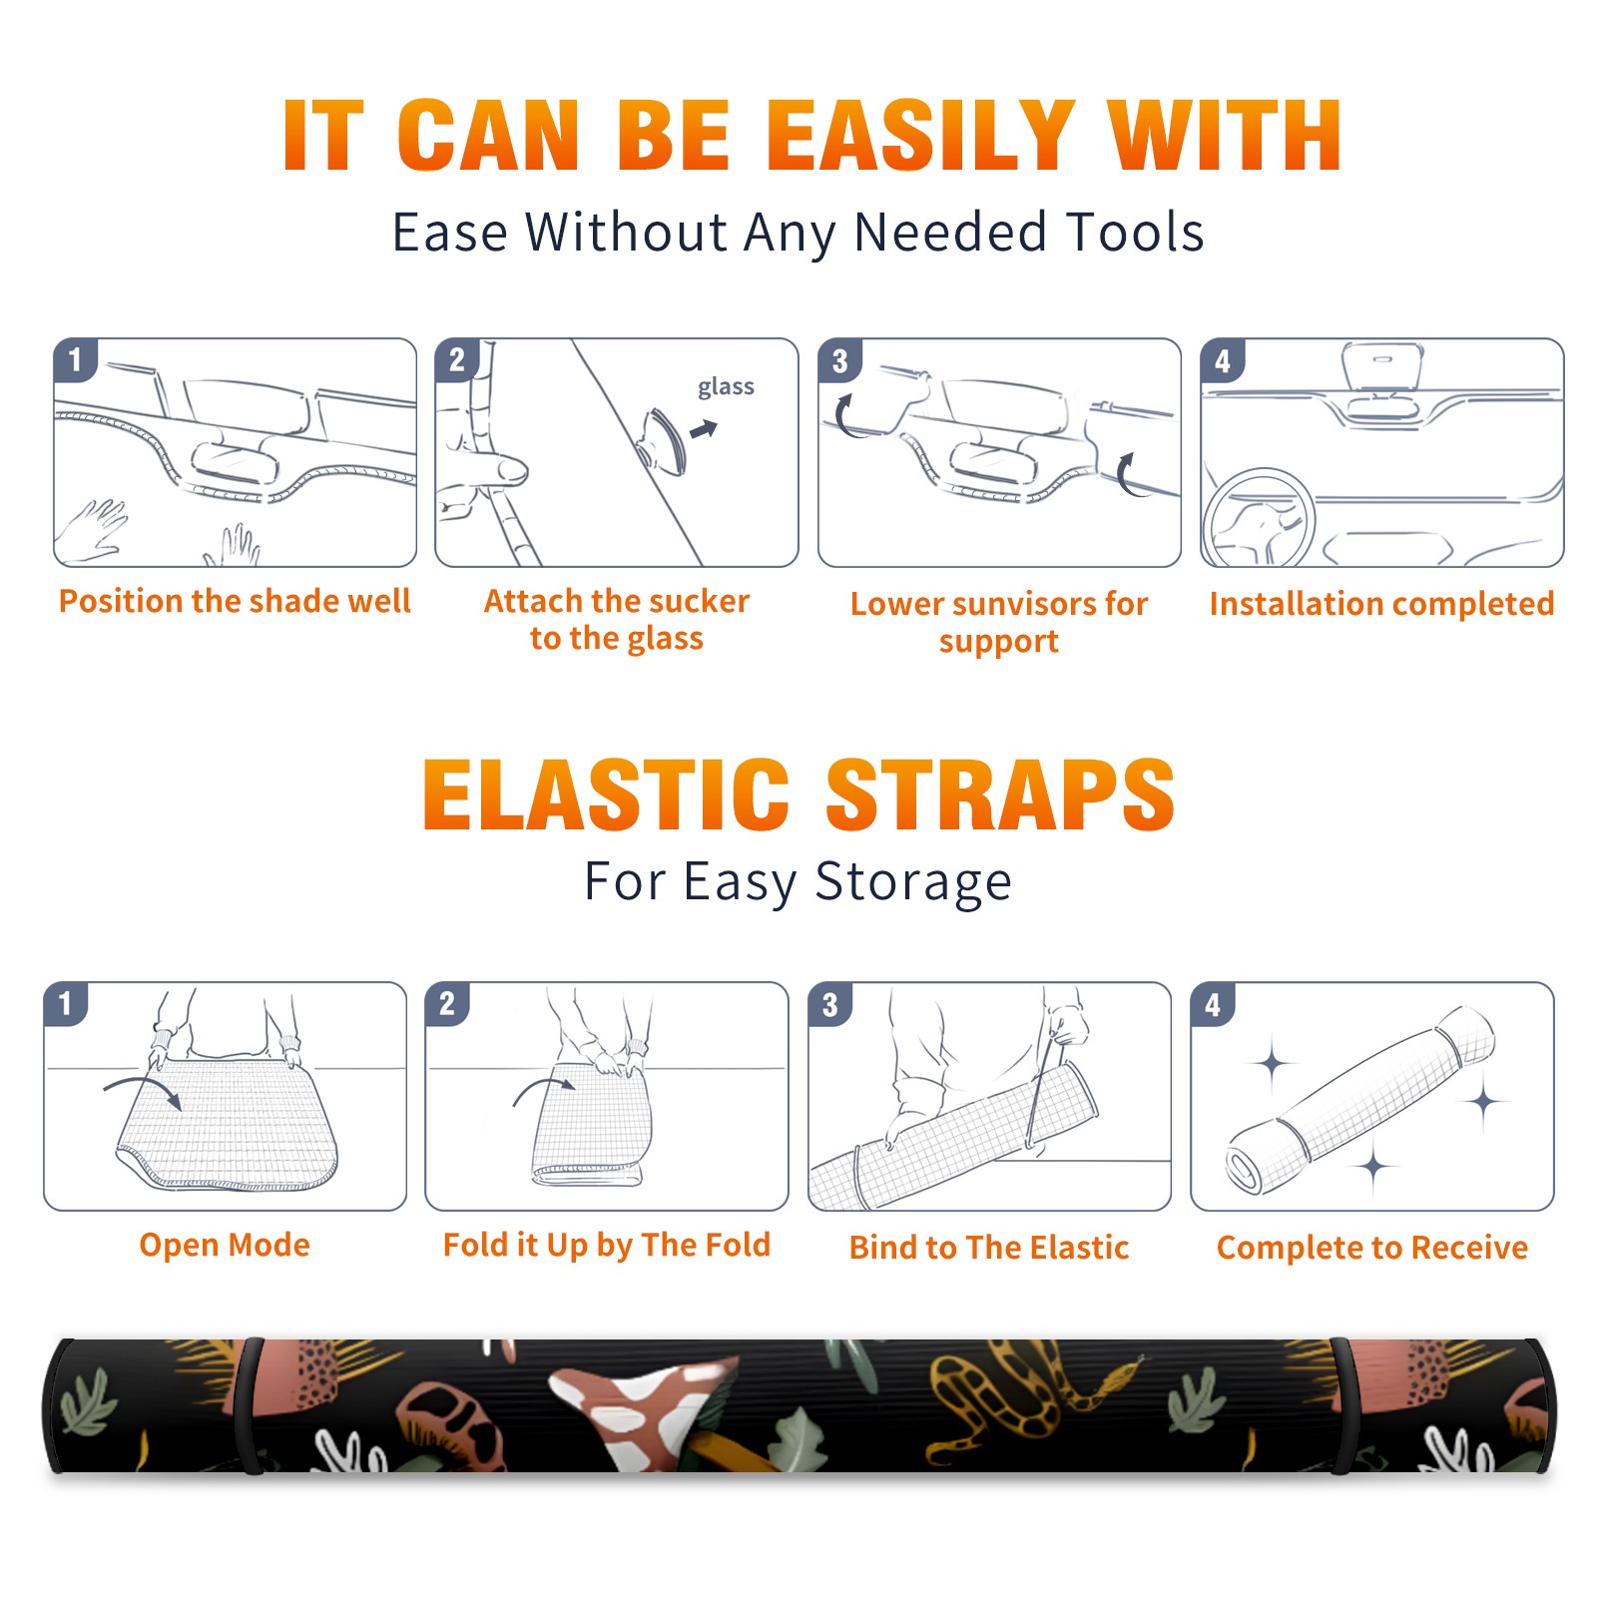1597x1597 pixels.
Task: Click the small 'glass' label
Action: click(x=726, y=387)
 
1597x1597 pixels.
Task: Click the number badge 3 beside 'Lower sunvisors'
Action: click(x=839, y=360)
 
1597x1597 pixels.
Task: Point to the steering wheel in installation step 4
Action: click(x=1259, y=518)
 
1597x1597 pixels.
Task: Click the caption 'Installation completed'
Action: click(x=1381, y=604)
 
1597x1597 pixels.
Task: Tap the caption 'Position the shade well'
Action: click(x=235, y=601)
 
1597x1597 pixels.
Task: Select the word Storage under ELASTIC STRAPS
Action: click(x=913, y=882)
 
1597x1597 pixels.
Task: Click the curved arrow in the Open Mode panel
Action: click(x=143, y=1090)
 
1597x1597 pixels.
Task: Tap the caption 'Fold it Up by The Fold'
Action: click(x=607, y=1246)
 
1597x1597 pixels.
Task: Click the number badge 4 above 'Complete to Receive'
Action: click(x=1213, y=1004)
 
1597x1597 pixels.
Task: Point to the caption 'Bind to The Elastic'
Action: click(x=989, y=1248)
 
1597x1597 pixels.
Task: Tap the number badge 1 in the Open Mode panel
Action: click(x=66, y=1004)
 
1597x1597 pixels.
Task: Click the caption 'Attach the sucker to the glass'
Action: click(x=617, y=619)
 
